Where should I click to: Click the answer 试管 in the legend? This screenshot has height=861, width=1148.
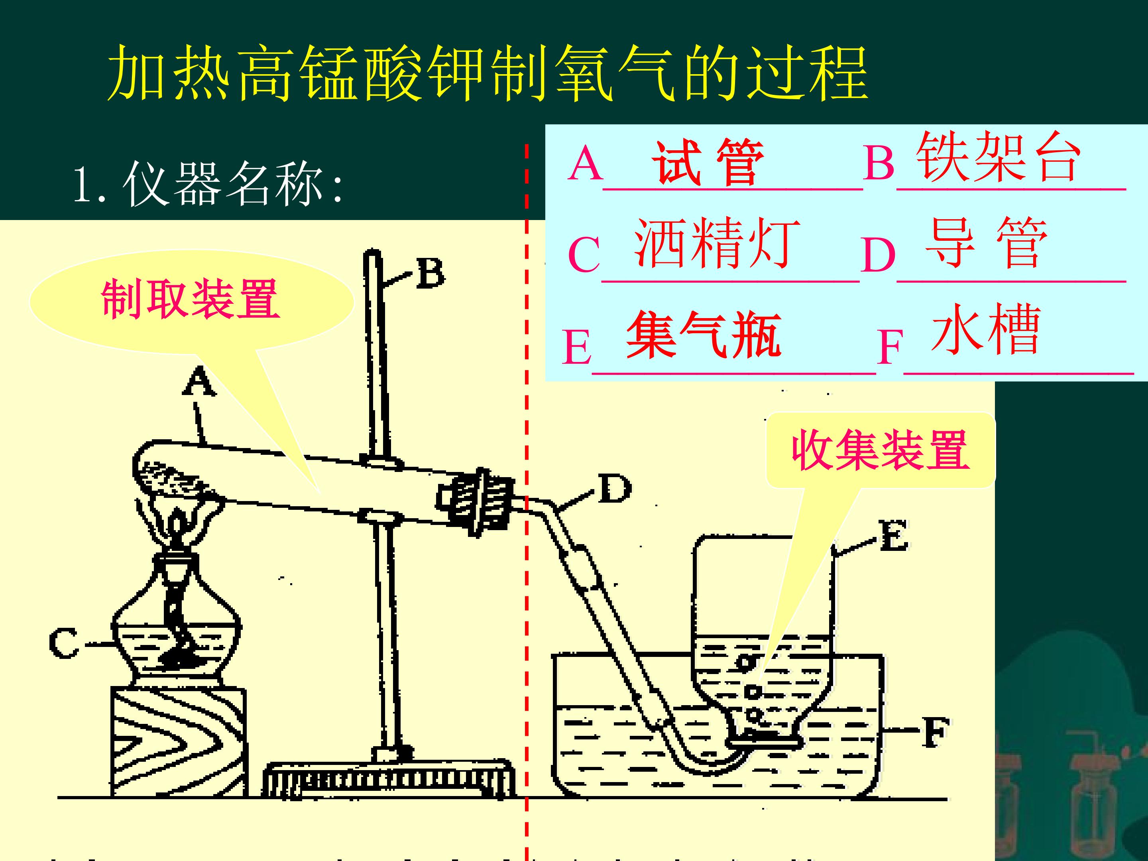(708, 163)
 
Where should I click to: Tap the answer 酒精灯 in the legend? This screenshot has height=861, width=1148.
(717, 242)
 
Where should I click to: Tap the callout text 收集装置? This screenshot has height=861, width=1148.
(880, 450)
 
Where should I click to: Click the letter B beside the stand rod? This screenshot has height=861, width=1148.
(430, 273)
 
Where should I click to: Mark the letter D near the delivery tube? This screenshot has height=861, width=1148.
(615, 488)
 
